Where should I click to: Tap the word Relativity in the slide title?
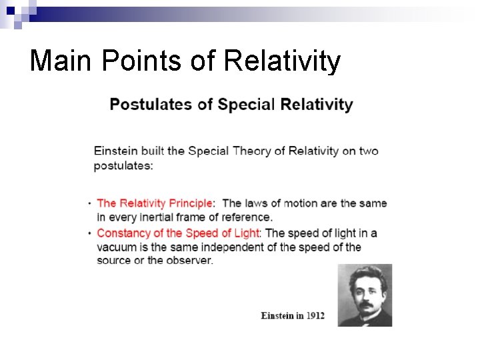[283, 61]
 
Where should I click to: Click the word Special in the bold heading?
[247, 105]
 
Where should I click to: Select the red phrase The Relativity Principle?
[155, 203]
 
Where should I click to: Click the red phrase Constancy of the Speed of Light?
[178, 233]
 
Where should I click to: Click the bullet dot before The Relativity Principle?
[89, 203]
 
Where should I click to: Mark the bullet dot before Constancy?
[89, 233]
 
